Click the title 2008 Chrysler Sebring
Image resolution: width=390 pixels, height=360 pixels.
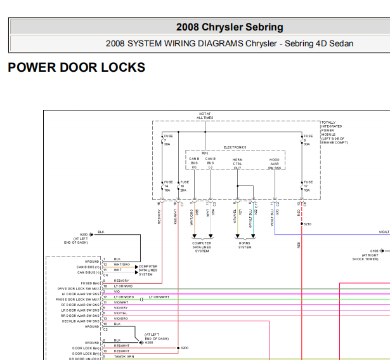230,27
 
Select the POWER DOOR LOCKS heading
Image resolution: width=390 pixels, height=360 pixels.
76,67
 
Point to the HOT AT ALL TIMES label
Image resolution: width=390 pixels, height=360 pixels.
204,116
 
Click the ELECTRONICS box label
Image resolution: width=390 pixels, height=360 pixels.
234,147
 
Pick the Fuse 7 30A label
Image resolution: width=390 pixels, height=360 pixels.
167,140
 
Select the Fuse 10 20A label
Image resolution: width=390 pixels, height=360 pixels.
183,185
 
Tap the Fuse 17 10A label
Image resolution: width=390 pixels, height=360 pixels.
307,185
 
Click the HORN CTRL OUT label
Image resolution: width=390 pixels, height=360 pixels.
237,163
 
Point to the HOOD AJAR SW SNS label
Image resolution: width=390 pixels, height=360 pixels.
274,163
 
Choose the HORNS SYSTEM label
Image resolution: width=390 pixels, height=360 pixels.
244,244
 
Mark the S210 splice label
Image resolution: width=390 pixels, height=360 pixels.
307,224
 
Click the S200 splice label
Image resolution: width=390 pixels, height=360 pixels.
185,348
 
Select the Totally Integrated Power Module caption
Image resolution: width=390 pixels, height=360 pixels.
335,133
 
